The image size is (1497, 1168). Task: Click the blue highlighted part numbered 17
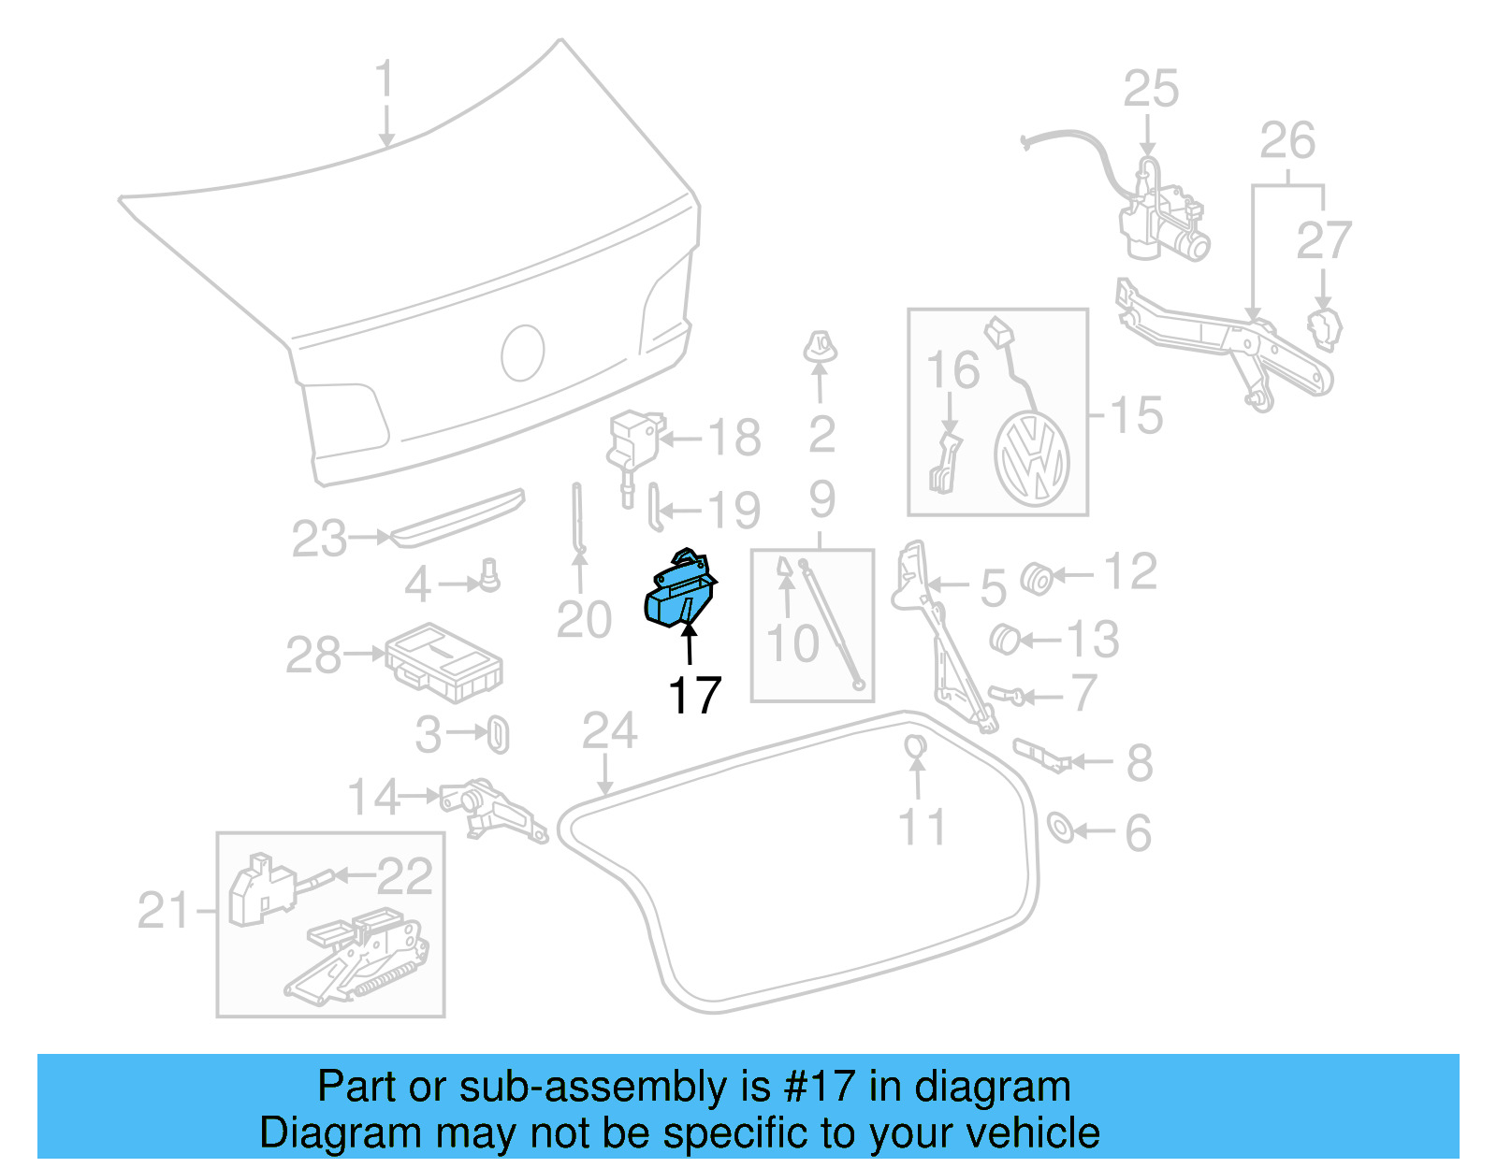pyautogui.click(x=680, y=590)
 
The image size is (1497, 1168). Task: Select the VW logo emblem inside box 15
pyautogui.click(x=1031, y=460)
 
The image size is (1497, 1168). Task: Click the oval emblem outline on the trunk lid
pyautogui.click(x=523, y=353)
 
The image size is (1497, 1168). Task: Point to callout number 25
pyautogui.click(x=1151, y=89)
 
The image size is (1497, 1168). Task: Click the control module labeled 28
pyautogui.click(x=443, y=663)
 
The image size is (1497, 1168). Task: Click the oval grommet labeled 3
pyautogui.click(x=498, y=734)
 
